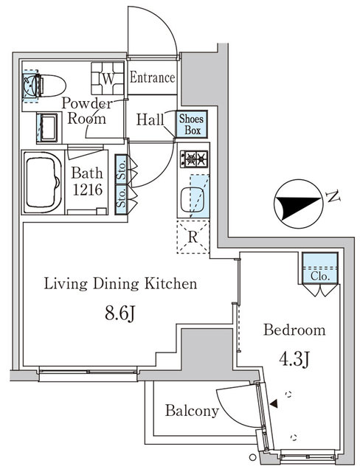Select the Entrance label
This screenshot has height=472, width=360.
point(153,77)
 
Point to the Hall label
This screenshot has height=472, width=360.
point(150,119)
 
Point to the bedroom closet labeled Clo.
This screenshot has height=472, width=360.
point(319,274)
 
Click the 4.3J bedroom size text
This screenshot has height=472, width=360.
point(294,361)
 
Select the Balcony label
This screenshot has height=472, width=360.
point(191,411)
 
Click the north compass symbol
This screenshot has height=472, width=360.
point(295,206)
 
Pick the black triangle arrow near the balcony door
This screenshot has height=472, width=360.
point(274,403)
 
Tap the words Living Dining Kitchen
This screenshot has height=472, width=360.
point(120,283)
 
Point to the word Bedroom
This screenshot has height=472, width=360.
point(295,330)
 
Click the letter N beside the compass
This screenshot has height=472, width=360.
point(333,197)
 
